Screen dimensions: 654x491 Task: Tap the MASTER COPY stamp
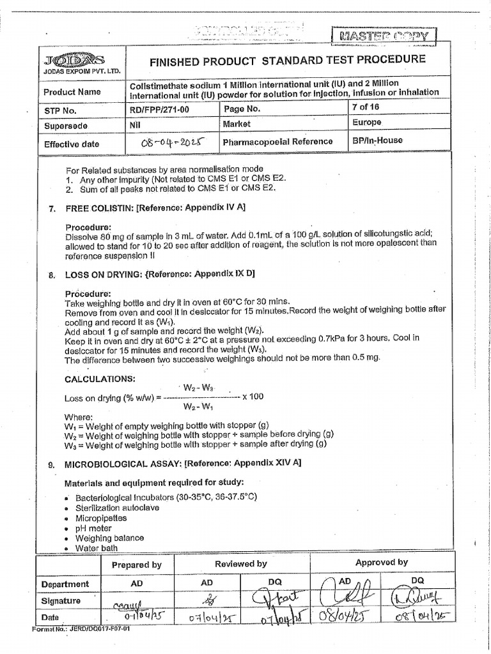[384, 35]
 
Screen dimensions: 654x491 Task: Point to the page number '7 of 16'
[368, 107]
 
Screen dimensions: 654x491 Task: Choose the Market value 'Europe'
[366, 123]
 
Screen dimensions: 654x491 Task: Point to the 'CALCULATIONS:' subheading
[100, 379]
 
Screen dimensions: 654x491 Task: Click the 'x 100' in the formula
[253, 397]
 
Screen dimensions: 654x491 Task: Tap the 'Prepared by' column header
[137, 565]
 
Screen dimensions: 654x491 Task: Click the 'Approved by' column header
[382, 563]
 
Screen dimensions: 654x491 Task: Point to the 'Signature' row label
[61, 601]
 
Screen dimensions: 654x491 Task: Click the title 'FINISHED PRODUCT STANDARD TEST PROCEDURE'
[287, 60]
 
